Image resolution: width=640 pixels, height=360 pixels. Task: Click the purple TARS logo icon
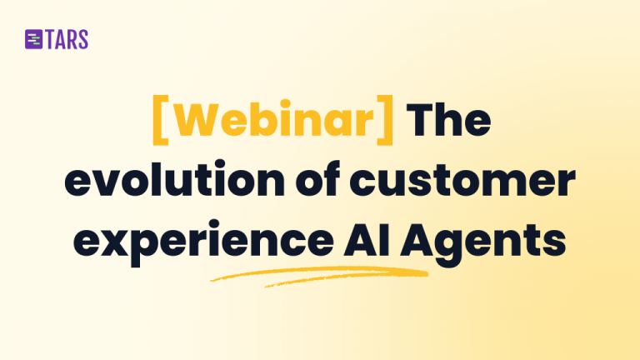point(34,39)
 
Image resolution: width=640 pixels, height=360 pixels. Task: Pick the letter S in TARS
point(82,39)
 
